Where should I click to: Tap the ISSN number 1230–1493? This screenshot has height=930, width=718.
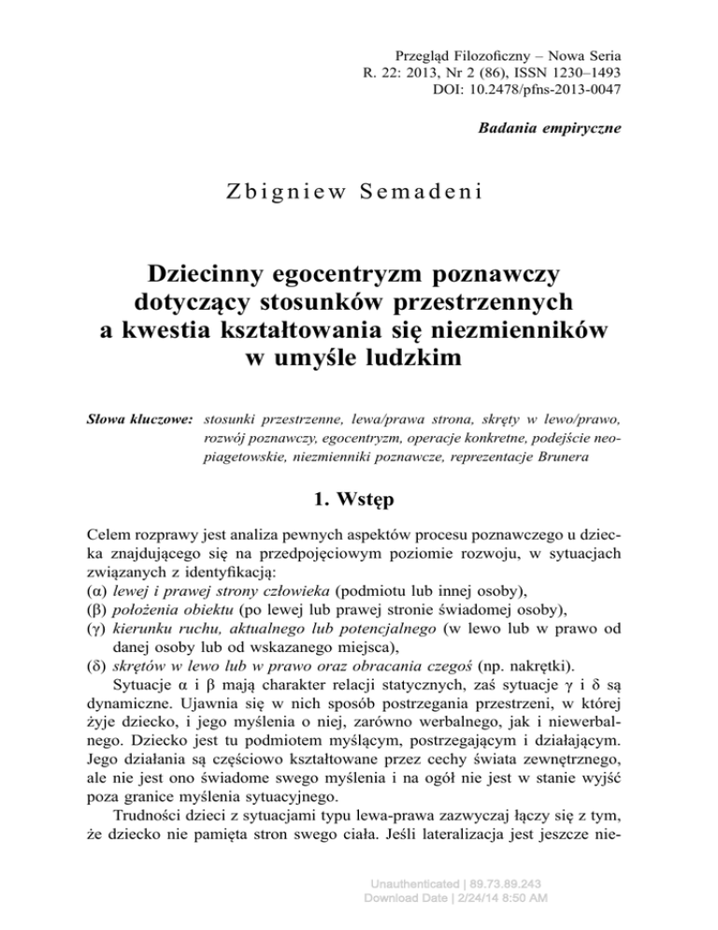(x=570, y=70)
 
